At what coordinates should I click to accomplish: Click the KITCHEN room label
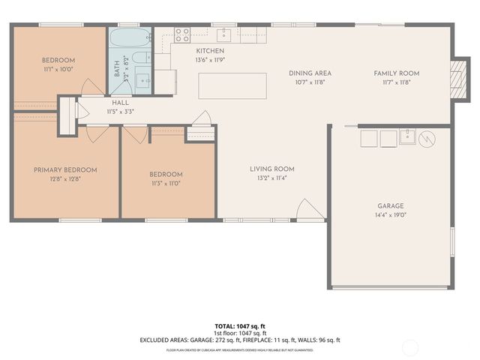[x=189, y=50]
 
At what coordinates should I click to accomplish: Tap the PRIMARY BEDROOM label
[x=65, y=170]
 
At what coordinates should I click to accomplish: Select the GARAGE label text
[x=390, y=205]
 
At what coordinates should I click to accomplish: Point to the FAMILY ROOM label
[x=397, y=73]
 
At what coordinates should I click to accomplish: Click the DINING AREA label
[x=310, y=73]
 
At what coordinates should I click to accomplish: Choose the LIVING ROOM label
[x=271, y=169]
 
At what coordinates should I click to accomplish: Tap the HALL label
[x=99, y=102]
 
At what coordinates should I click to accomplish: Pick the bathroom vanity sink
[x=142, y=78]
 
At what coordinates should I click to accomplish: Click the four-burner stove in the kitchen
[x=182, y=34]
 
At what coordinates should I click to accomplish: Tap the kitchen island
[x=233, y=85]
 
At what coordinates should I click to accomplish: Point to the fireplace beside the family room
[x=457, y=78]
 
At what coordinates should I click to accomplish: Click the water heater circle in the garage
[x=426, y=138]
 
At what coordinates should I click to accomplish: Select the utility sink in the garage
[x=407, y=137]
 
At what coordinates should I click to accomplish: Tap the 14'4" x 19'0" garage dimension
[x=390, y=214]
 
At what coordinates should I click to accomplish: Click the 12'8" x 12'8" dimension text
[x=65, y=179]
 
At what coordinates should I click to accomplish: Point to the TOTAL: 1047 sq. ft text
[x=239, y=326]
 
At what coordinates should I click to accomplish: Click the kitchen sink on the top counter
[x=223, y=34]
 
